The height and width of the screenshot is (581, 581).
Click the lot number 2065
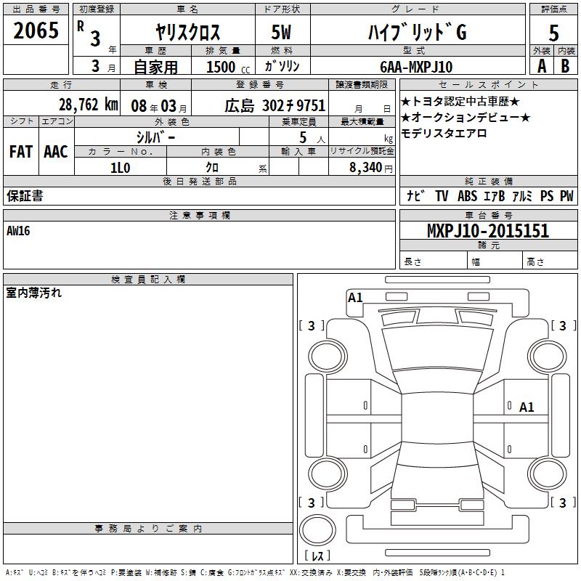(x=36, y=31)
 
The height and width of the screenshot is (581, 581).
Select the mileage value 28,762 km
(x=89, y=105)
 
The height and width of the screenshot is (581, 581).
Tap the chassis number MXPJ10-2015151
(x=488, y=231)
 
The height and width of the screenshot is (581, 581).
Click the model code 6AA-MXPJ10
(x=416, y=67)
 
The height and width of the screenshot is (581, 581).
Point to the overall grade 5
(x=553, y=33)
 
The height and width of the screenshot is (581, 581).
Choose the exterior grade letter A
(x=542, y=66)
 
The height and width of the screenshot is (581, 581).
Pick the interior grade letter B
(x=565, y=66)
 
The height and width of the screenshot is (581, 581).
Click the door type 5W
(x=281, y=32)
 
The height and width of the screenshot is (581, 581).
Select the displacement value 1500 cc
(x=228, y=67)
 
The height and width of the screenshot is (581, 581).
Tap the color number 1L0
(x=121, y=168)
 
